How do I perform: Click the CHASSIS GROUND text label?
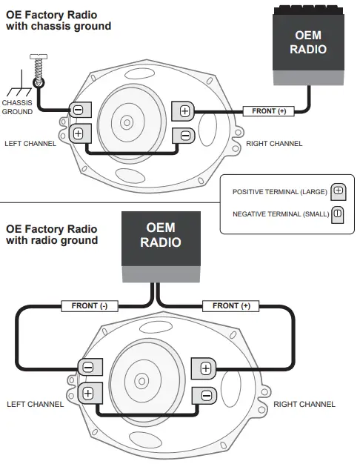coord(17,107)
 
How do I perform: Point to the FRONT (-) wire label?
coord(89,305)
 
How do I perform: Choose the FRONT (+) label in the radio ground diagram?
coord(231,305)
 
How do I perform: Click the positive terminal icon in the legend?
coord(338,190)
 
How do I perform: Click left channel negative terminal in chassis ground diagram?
coord(78,110)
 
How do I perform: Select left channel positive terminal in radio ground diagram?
coord(88,393)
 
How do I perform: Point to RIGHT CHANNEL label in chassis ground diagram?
coord(274,143)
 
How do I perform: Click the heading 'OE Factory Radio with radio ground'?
coord(52,234)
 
